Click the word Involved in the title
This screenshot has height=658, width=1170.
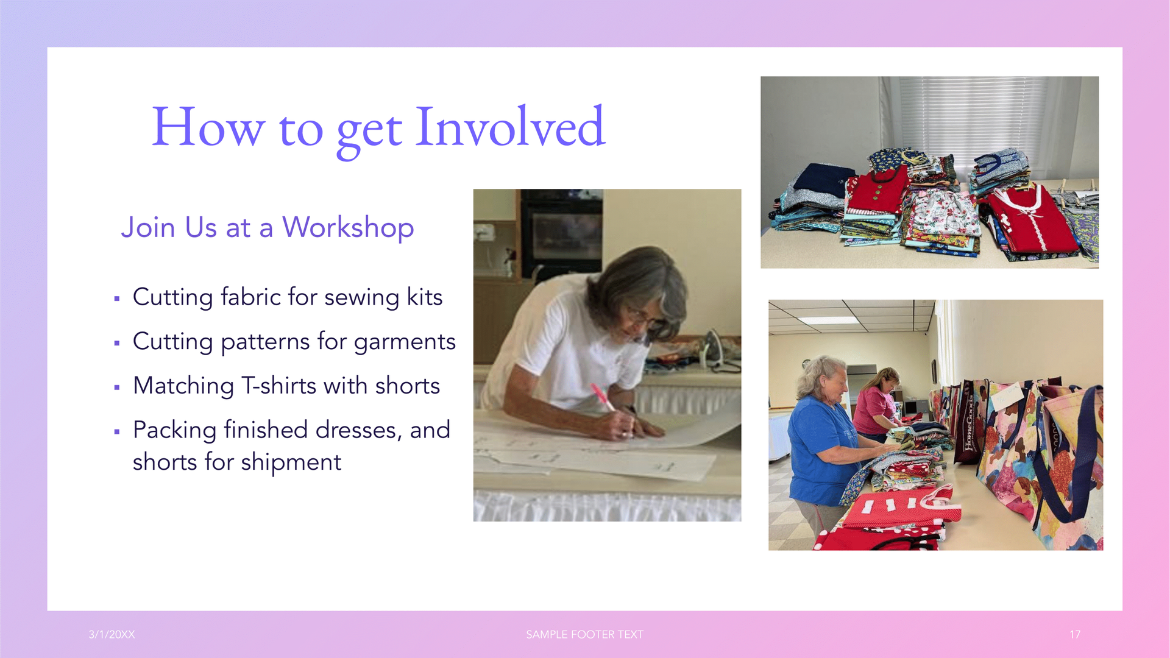click(x=510, y=127)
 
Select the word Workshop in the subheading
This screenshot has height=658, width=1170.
click(x=348, y=228)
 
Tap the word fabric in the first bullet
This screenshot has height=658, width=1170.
click(x=250, y=297)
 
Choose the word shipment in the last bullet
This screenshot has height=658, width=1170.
click(x=291, y=462)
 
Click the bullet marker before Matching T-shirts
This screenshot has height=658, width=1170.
click(x=116, y=387)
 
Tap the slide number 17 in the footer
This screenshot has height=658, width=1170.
click(x=1075, y=634)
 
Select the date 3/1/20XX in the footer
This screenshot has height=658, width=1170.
click(x=112, y=634)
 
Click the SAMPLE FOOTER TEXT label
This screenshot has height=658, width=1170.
click(x=584, y=634)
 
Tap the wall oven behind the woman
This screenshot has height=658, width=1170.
click(x=561, y=232)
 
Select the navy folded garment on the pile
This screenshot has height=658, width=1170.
click(x=817, y=180)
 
